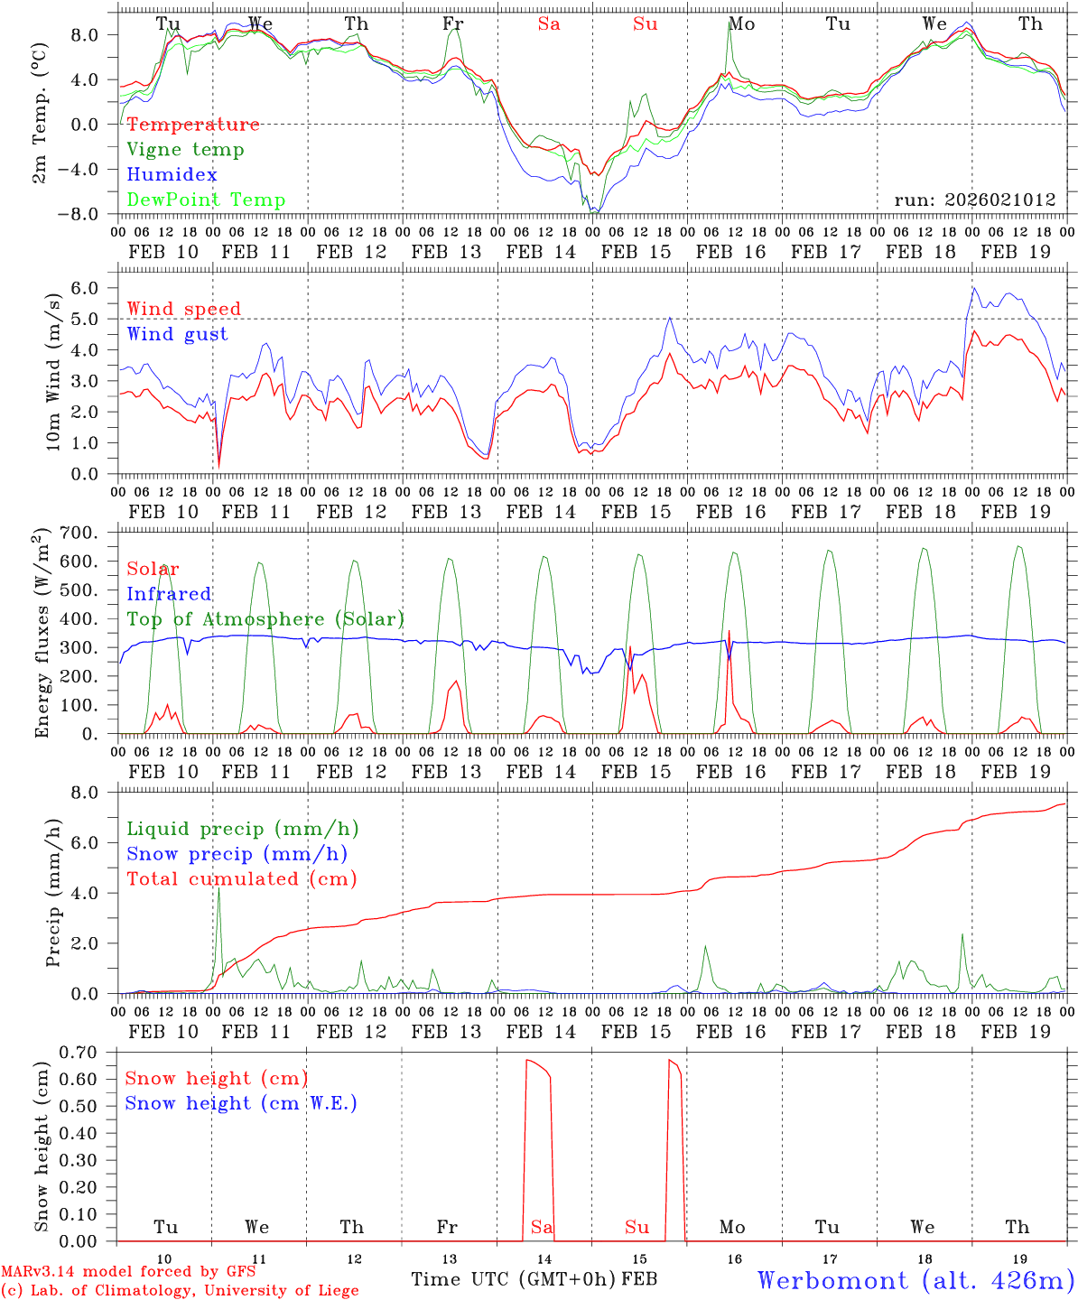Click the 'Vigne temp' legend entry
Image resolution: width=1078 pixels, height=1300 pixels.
click(185, 150)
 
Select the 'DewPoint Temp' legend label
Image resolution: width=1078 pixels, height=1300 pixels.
click(206, 200)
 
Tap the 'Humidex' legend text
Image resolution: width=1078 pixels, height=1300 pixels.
click(172, 175)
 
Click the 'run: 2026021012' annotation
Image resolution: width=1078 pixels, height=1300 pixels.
click(974, 200)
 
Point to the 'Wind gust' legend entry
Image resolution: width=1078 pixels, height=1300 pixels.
click(177, 335)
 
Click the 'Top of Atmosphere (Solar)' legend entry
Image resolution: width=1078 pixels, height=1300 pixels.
click(265, 619)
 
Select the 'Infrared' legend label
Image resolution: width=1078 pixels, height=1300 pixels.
click(169, 594)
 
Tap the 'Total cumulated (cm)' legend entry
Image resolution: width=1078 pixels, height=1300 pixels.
click(241, 879)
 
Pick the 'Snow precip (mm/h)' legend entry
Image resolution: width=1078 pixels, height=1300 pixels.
click(237, 854)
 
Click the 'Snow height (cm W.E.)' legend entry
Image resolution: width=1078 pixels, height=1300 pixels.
click(240, 1103)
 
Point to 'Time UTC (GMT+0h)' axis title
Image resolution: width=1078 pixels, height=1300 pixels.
click(514, 1279)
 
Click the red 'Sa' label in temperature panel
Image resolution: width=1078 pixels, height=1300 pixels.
click(549, 24)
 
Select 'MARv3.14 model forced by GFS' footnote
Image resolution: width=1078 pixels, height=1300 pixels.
click(127, 1272)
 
